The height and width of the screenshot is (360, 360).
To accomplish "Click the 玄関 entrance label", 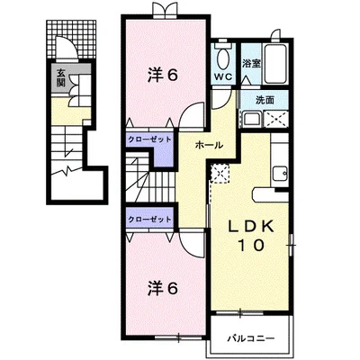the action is pos(61,78).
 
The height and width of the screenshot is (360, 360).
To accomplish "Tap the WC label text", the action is pos(223,76).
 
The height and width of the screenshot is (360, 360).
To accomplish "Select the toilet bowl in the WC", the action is pos(222,58).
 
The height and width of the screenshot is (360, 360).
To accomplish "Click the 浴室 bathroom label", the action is pos(251,64).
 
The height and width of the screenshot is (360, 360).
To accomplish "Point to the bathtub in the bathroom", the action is pos(275,65).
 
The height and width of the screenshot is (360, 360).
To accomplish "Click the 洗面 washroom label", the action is pos(265,100).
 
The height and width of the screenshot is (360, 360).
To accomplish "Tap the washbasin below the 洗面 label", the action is pos(252,119).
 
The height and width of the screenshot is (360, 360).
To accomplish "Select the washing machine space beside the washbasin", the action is pos(276,119).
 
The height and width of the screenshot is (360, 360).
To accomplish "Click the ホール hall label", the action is pos(209,146).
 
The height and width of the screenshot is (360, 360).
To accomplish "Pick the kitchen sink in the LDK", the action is pos(280,174).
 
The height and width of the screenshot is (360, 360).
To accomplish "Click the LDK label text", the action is pos(251,227).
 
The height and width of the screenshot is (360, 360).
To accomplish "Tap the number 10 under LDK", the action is pos(251,246).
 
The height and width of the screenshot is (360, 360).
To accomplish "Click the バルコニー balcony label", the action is pos(251,338).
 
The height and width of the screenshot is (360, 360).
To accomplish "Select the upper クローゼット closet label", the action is pos(149,139).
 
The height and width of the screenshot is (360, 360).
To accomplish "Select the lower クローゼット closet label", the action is pos(149,220).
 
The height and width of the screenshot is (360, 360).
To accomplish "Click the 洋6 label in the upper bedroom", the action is pos(163,75).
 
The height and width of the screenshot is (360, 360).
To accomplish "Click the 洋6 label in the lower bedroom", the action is pos(163,289).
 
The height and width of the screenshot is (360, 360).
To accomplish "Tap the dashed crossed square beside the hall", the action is pos(220,173).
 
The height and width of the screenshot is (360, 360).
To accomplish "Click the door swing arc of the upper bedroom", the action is pos(186,110).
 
